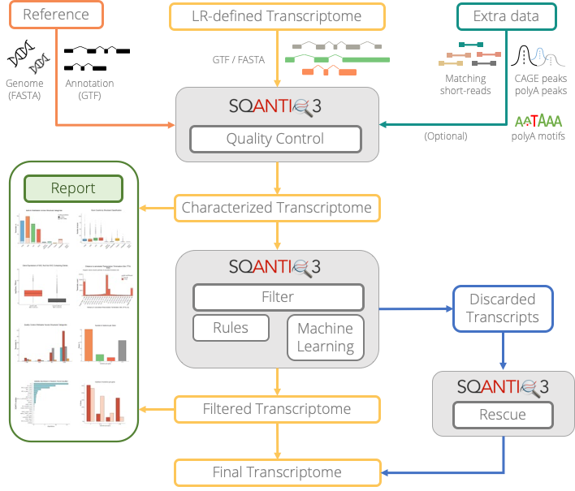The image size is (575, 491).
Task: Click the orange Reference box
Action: (55, 15)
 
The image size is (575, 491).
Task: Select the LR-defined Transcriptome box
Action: (277, 15)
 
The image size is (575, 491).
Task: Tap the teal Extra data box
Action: (506, 15)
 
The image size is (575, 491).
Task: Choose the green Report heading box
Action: (73, 188)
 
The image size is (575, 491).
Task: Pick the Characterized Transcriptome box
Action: (276, 208)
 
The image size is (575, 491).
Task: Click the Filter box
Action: (278, 297)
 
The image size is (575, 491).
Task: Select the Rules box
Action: (231, 328)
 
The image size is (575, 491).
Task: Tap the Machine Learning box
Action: (325, 338)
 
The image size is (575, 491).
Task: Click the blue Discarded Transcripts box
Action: (503, 308)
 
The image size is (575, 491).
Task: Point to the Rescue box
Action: (502, 415)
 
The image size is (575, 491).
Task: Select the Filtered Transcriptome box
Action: (276, 409)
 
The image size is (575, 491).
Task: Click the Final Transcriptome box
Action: (276, 472)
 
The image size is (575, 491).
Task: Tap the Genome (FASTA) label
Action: (25, 89)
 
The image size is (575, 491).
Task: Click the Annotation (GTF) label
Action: (89, 89)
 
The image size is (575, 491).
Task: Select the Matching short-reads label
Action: (465, 85)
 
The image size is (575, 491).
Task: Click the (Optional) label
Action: (446, 136)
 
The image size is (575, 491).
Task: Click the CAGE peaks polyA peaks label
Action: (541, 85)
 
